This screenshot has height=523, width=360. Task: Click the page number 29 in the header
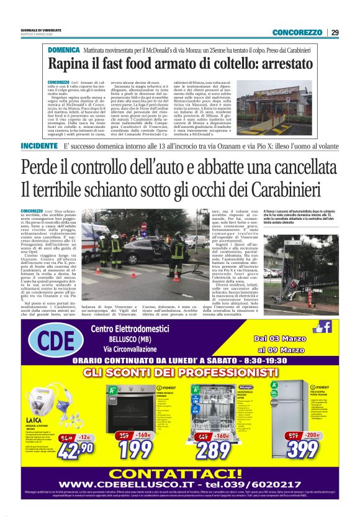[x=335, y=32]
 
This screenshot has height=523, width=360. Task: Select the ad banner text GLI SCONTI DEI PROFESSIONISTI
[x=180, y=371]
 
